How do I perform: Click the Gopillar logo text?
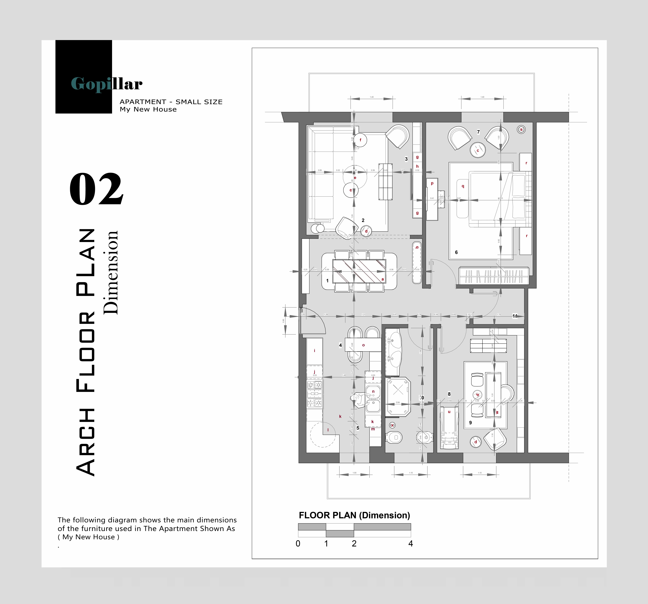pyautogui.click(x=107, y=84)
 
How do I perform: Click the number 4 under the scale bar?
pyautogui.click(x=410, y=543)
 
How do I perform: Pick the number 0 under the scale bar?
pyautogui.click(x=298, y=543)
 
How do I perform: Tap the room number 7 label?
pyautogui.click(x=478, y=132)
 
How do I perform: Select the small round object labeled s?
pyautogui.click(x=521, y=130)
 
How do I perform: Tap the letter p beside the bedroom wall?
pyautogui.click(x=432, y=183)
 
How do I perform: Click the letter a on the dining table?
pyautogui.click(x=383, y=279)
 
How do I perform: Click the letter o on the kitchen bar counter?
pyautogui.click(x=363, y=345)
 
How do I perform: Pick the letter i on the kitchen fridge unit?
pyautogui.click(x=315, y=351)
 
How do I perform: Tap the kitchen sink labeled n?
pyautogui.click(x=373, y=392)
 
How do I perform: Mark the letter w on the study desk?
pyautogui.click(x=497, y=412)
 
